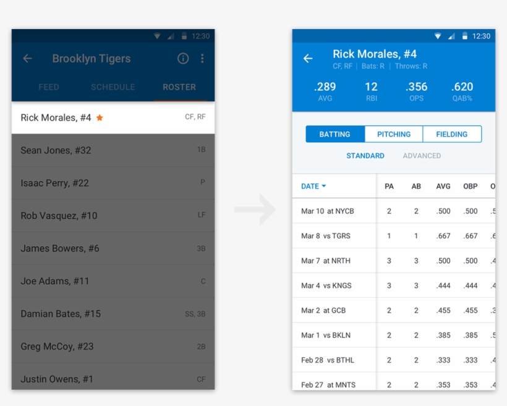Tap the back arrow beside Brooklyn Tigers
click(x=27, y=59)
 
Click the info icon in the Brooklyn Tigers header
click(x=183, y=59)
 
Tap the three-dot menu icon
click(x=202, y=59)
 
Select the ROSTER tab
click(x=179, y=87)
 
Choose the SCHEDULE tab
click(x=113, y=87)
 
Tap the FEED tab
click(x=49, y=87)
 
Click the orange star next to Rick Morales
click(x=100, y=118)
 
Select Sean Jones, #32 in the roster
click(x=56, y=150)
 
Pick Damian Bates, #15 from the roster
click(x=61, y=314)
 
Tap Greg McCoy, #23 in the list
click(x=57, y=347)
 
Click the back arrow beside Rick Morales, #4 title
click(x=308, y=59)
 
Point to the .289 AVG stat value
click(x=325, y=87)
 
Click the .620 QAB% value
click(x=462, y=87)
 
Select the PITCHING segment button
click(x=394, y=134)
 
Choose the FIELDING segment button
click(x=452, y=134)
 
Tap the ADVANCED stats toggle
click(x=422, y=156)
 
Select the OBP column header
click(x=471, y=186)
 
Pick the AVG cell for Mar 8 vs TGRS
click(x=443, y=236)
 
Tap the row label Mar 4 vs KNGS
click(x=326, y=285)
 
